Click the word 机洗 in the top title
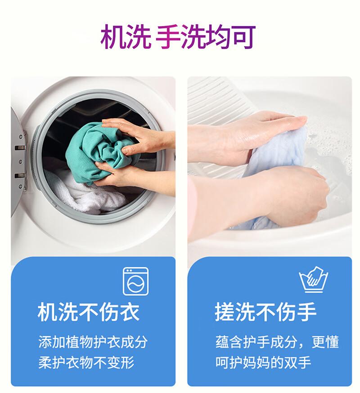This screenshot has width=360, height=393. [x=126, y=36]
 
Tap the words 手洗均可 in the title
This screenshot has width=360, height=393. [x=206, y=36]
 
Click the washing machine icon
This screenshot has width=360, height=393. [x=135, y=281]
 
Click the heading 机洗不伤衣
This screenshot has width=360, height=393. [x=89, y=313]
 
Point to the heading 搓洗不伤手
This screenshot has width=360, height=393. [x=265, y=313]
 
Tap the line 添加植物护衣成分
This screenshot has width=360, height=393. [x=93, y=342]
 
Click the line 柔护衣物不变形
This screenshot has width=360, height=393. [x=86, y=362]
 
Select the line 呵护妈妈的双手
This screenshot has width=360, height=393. [x=263, y=362]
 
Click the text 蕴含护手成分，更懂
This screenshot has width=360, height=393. [x=277, y=342]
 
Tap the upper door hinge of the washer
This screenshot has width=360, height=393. [x=21, y=147]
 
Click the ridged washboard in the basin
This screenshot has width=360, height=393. [x=221, y=100]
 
